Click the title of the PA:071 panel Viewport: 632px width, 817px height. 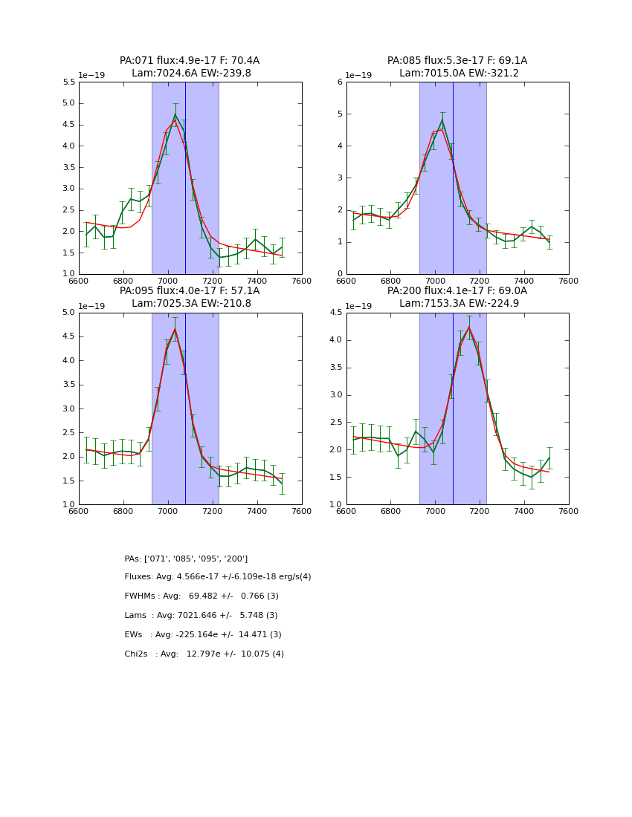[190, 67]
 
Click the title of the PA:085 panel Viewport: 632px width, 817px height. [457, 67]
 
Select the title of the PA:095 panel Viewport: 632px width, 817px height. [190, 297]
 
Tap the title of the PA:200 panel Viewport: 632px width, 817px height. [457, 297]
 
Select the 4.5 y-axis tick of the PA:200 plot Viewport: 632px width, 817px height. [336, 313]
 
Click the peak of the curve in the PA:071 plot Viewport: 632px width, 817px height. [175, 114]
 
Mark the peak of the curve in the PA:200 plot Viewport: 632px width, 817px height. [468, 327]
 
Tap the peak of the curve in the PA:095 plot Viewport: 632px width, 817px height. [175, 328]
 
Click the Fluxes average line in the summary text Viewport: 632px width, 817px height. [218, 577]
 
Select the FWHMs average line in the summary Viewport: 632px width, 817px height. [201, 596]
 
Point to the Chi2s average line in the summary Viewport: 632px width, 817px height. [204, 654]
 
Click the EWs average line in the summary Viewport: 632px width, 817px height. [203, 635]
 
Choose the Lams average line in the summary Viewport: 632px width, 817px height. [201, 616]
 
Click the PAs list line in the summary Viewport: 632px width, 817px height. [186, 559]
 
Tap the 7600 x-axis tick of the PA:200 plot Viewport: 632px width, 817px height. [569, 512]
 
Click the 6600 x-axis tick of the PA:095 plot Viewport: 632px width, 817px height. [79, 512]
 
